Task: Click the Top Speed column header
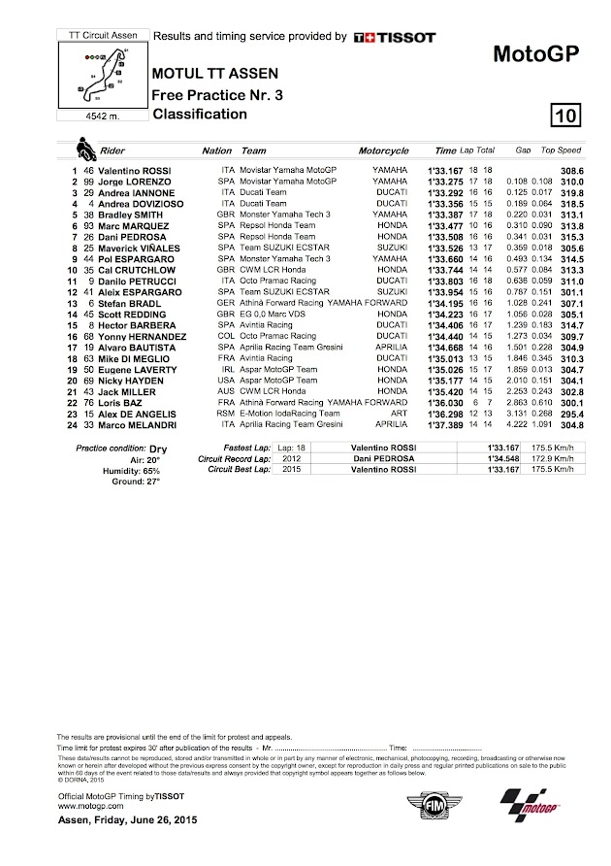pos(561,151)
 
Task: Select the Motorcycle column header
pos(383,151)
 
